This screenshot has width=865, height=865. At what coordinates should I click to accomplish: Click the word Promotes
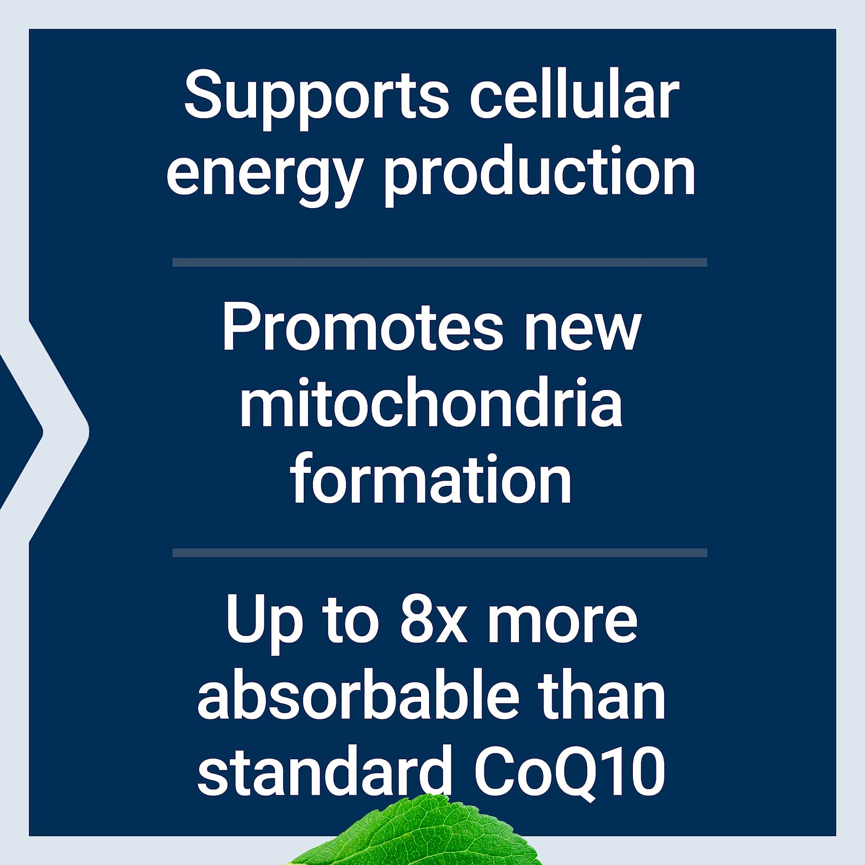click(363, 327)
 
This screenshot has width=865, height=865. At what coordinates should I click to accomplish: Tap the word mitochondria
click(431, 402)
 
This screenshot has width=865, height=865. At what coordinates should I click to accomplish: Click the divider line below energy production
click(440, 262)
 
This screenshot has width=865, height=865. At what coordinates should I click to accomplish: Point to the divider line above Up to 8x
click(440, 553)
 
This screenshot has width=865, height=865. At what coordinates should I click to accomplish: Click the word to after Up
click(351, 622)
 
